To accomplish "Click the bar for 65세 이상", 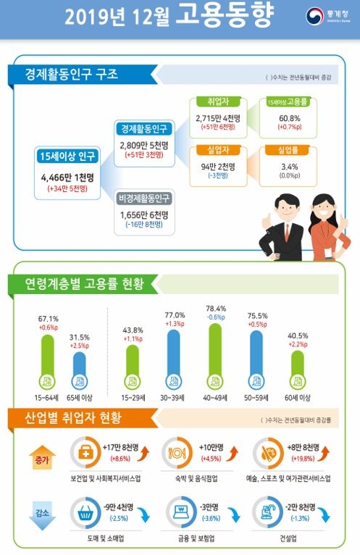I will click(80, 373).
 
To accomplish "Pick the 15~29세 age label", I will click(131, 398).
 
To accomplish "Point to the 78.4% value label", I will click(216, 307).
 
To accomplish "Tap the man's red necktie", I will click(288, 231).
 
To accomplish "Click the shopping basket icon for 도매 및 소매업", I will click(85, 513).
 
